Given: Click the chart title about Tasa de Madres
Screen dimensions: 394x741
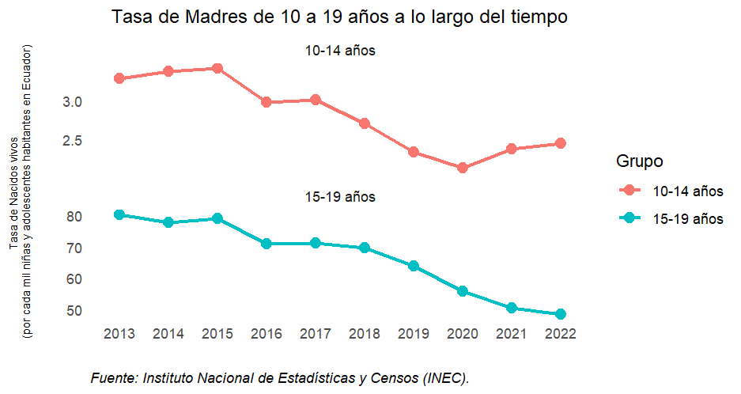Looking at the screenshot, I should [340, 17].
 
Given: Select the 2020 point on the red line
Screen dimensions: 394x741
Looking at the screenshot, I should [463, 168].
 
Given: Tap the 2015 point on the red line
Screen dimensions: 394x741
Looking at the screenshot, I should [217, 68].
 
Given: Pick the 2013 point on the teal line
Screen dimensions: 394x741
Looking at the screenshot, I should [119, 214].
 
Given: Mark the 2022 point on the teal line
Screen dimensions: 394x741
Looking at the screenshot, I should [561, 314].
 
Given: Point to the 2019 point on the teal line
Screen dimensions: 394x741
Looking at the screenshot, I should [414, 266].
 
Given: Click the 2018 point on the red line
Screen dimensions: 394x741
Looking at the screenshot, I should [365, 123].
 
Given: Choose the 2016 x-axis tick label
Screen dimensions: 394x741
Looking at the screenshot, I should [267, 334].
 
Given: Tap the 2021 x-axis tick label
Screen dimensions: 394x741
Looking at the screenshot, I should [512, 334].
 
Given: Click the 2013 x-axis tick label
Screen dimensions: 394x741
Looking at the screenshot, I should [119, 334].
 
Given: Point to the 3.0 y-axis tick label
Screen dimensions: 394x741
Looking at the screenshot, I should [73, 102].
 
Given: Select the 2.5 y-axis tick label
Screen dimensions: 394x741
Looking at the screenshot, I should [73, 141].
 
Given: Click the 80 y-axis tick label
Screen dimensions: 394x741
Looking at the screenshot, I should [75, 217].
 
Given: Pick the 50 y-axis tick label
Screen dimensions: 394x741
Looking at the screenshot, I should [75, 311].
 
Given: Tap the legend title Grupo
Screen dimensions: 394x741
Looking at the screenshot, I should [639, 161].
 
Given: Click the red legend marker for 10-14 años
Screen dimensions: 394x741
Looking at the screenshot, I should [629, 191].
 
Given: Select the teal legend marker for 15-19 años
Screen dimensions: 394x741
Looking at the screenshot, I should [629, 219].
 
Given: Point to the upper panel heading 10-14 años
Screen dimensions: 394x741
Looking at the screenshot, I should [340, 51].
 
